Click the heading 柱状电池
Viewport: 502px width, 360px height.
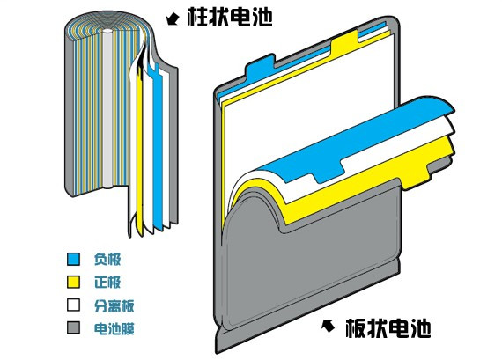[x=230, y=17]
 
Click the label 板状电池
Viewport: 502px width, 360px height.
[x=388, y=328]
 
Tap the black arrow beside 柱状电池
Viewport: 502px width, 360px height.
[x=173, y=18]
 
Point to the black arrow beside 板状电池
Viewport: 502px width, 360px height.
[x=328, y=326]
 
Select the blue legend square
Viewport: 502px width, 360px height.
[x=73, y=259]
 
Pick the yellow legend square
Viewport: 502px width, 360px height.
[x=73, y=282]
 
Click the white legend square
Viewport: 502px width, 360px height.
[x=73, y=305]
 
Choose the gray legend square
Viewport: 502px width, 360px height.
[x=73, y=328]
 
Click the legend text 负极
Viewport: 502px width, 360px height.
[x=107, y=259]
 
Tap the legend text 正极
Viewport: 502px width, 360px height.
[x=107, y=282]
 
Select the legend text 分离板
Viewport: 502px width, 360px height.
[x=114, y=305]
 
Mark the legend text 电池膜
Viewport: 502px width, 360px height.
[x=114, y=328]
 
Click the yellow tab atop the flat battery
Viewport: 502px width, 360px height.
[x=344, y=41]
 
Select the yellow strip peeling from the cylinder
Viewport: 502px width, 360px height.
[x=139, y=154]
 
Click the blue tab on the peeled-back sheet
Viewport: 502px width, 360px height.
[x=327, y=172]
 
